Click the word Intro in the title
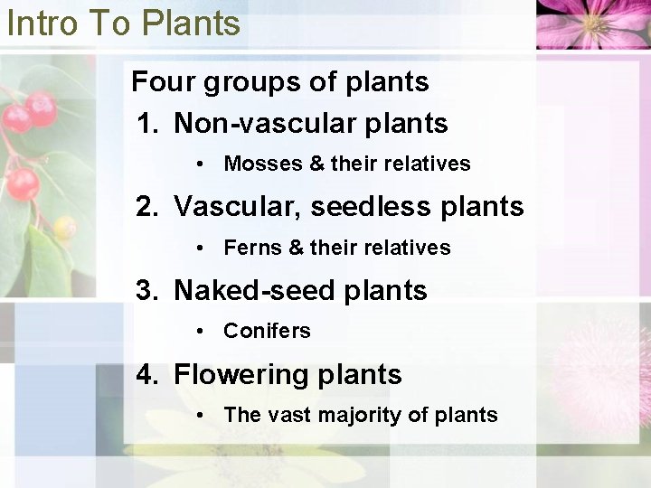[x=42, y=23]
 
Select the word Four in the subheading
[x=163, y=82]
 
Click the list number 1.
[x=147, y=124]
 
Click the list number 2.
[x=147, y=207]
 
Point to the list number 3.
[x=147, y=291]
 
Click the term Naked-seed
[x=254, y=291]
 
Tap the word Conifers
[x=267, y=331]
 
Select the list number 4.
[x=147, y=374]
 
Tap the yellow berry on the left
[x=64, y=227]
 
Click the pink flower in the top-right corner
[x=591, y=23]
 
